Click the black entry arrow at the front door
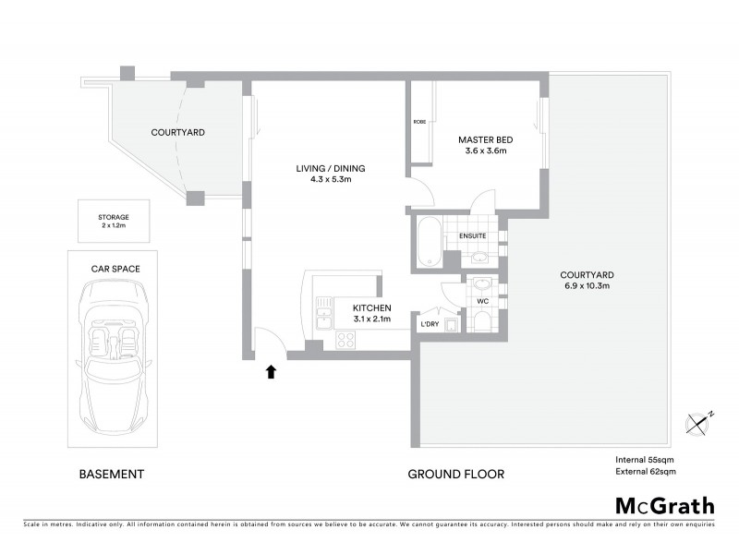pos(271,372)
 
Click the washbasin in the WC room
pos(481,285)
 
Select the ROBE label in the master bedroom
pos(419,122)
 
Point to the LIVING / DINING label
pos(331,168)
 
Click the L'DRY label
pos(429,324)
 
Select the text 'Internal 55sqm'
pos(646,459)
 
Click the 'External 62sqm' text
pos(646,472)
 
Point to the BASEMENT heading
pos(110,475)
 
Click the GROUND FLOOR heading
pos(456,475)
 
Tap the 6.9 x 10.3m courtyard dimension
pos(588,287)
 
